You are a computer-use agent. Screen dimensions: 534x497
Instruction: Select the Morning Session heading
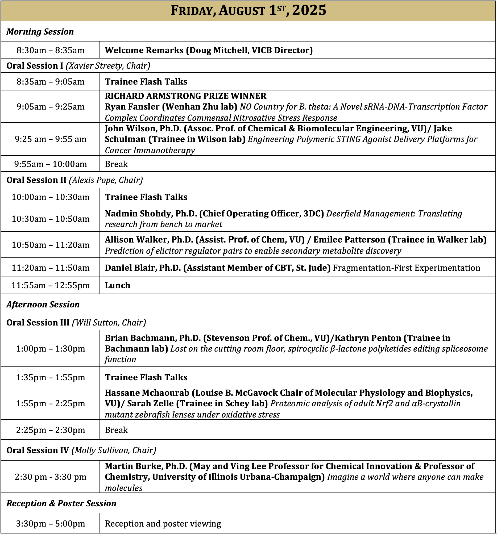(x=40, y=32)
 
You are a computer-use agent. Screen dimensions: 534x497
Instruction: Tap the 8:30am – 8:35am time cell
(x=51, y=50)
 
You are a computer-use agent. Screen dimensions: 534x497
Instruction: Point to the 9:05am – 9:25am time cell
(x=51, y=107)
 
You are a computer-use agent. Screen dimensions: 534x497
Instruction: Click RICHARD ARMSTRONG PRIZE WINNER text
(x=185, y=96)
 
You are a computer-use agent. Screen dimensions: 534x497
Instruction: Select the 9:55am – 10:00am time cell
(x=51, y=164)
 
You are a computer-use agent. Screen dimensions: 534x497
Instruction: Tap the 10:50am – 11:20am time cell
(x=51, y=245)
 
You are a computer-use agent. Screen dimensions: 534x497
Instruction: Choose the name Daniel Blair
(x=129, y=268)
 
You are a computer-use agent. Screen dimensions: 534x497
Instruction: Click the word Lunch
(x=117, y=285)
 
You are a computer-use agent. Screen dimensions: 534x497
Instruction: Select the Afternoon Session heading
(x=43, y=304)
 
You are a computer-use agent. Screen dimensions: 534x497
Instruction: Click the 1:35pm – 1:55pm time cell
(x=51, y=377)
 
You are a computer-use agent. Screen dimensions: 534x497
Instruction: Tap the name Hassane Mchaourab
(x=147, y=393)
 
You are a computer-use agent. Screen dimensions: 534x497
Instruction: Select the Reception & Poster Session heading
(x=61, y=503)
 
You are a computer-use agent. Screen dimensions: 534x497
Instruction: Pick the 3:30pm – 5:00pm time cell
(x=51, y=524)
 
